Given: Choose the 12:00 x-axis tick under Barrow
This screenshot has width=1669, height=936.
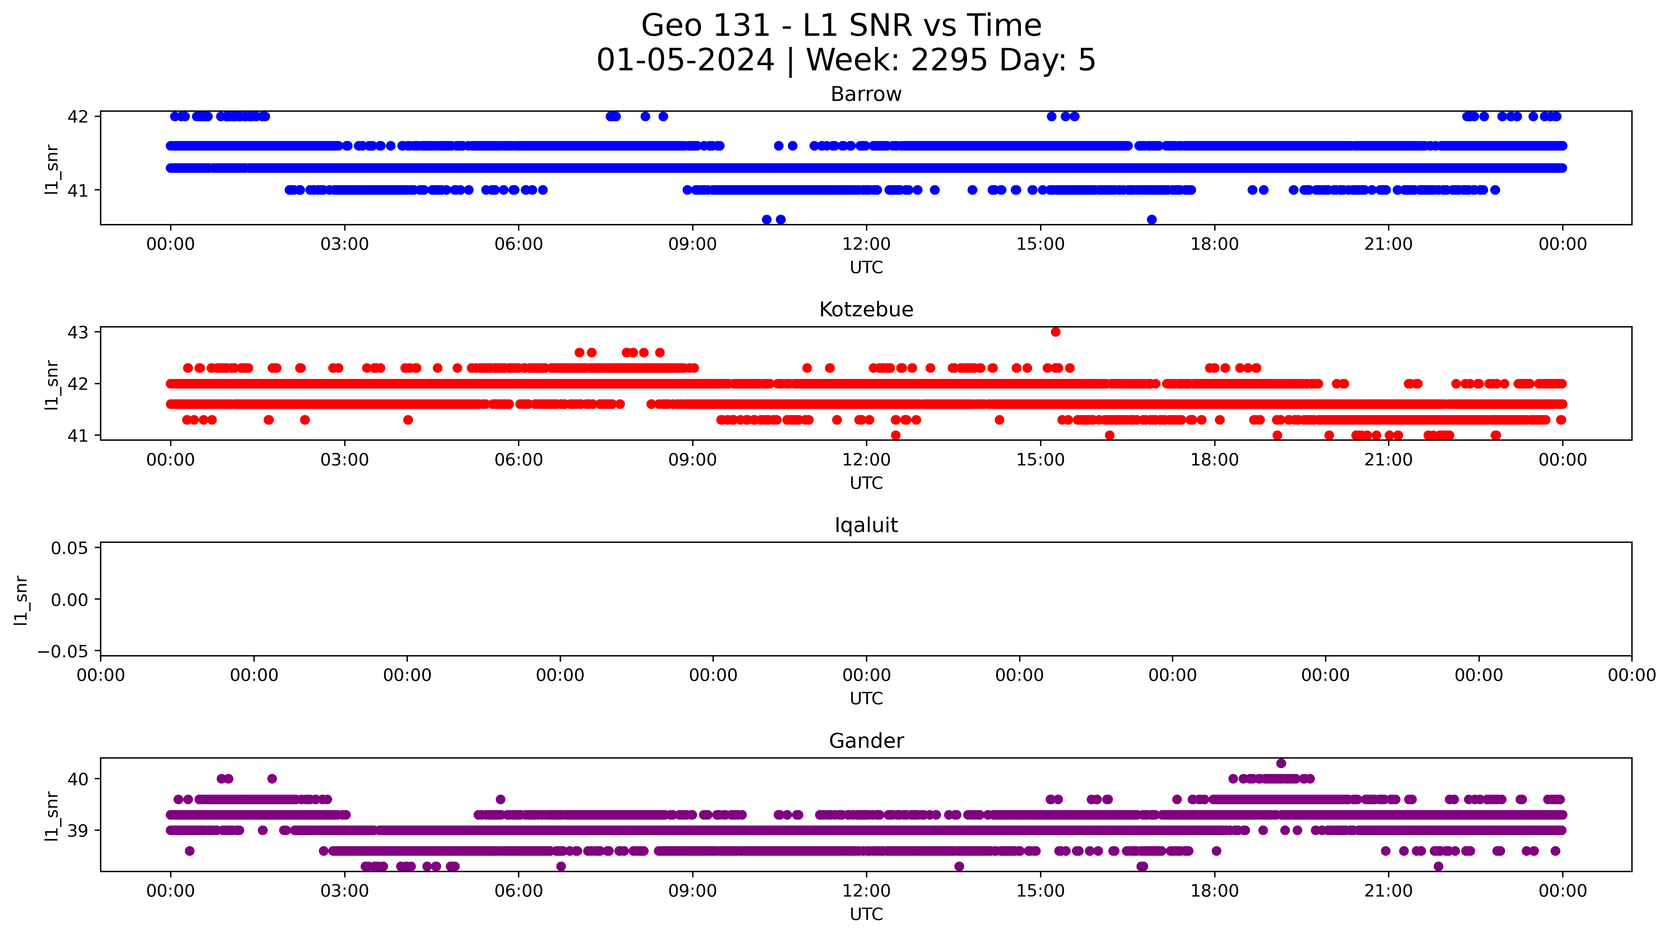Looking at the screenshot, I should click(866, 244).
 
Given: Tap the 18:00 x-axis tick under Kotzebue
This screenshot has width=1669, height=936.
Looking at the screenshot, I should click(1214, 460).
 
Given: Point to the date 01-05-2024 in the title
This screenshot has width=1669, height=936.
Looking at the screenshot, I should click(685, 60).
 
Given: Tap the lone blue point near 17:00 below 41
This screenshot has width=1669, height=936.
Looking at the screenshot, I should click(1151, 220).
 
